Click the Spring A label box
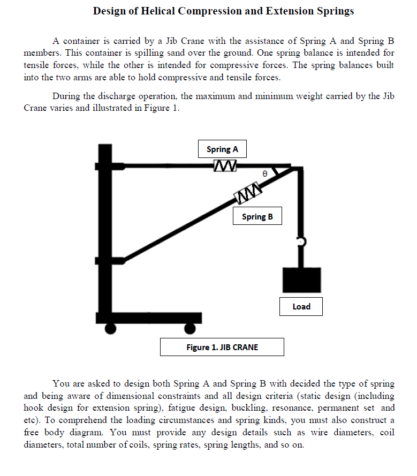coord(222,150)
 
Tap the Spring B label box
coord(257,217)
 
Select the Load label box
coord(301,307)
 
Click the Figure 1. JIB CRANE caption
coord(222,347)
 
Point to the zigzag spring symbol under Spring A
coord(222,166)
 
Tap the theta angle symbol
coord(264,174)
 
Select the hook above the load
coord(302,242)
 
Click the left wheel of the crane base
coord(110,328)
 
